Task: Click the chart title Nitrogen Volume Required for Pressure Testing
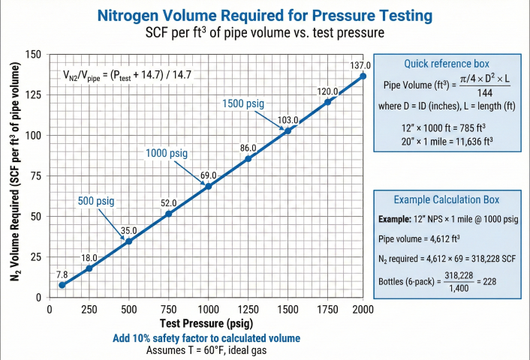264,15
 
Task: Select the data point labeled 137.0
363,76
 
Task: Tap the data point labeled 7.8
62,285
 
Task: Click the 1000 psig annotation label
166,153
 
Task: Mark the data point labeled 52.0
169,214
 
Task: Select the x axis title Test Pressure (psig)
206,323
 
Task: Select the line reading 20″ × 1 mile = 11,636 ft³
447,139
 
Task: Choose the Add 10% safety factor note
206,338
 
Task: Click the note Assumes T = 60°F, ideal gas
206,350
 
